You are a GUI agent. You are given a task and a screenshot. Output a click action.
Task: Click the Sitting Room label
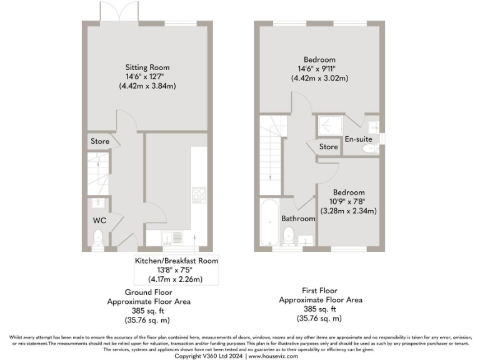pyautogui.click(x=147, y=67)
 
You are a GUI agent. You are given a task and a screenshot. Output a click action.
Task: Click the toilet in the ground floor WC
pyautogui.click(x=97, y=237)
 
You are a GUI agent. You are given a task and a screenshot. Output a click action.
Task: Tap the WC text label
pyautogui.click(x=99, y=221)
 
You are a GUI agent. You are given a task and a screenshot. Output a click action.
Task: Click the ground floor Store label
pyautogui.click(x=99, y=142)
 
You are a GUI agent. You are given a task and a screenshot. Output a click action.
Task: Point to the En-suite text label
pyautogui.click(x=359, y=139)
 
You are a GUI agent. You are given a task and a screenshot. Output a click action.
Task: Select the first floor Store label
pyautogui.click(x=329, y=147)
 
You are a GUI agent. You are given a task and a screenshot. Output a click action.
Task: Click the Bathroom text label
pyautogui.click(x=297, y=219)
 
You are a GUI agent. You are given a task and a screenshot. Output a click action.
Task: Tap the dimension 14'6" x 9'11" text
pyautogui.click(x=319, y=69)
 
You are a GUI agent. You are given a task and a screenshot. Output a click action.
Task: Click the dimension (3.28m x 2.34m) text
pyautogui.click(x=348, y=211)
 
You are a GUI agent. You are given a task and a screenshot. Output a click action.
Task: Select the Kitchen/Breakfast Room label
pyautogui.click(x=177, y=261)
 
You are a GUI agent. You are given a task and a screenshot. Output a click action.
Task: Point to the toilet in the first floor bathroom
pyautogui.click(x=289, y=236)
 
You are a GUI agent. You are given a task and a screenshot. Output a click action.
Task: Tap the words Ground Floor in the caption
pyautogui.click(x=149, y=292)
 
